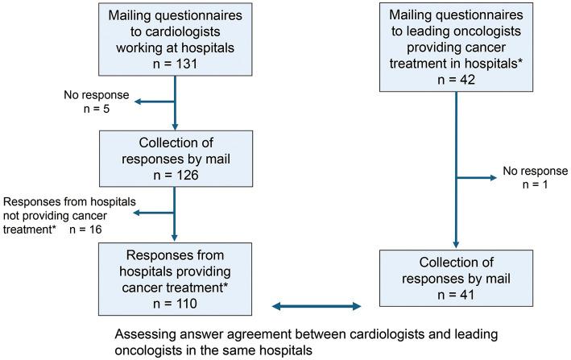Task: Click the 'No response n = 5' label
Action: coord(89,103)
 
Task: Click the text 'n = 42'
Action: coord(457,79)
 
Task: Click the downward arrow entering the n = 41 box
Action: coord(457,242)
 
